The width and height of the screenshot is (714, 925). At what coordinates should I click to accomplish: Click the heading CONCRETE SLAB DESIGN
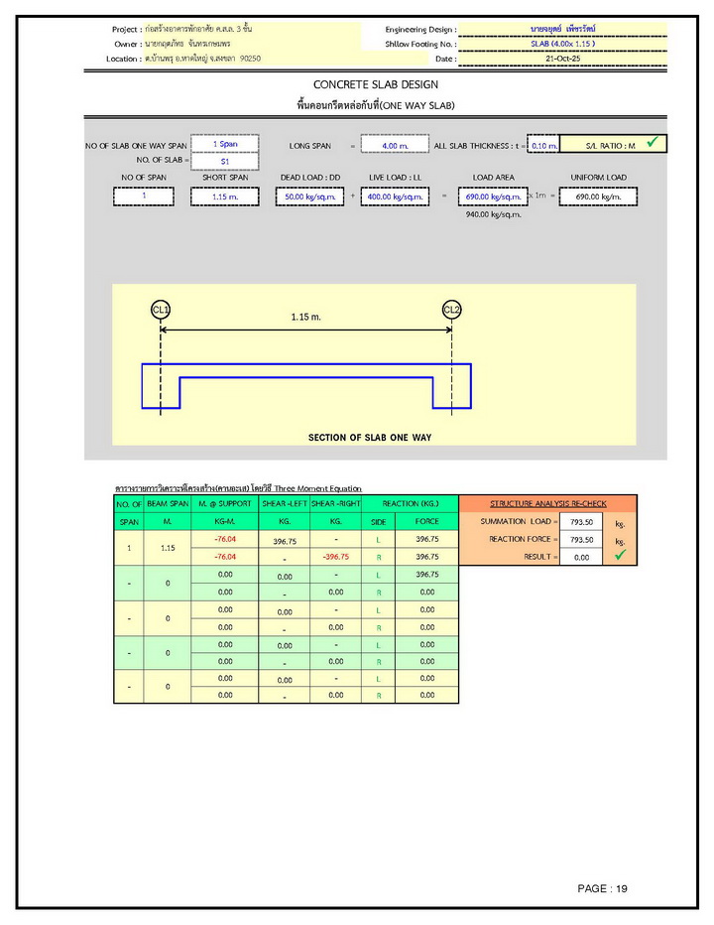pyautogui.click(x=375, y=84)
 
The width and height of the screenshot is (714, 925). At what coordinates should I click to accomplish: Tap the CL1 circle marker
pyautogui.click(x=161, y=310)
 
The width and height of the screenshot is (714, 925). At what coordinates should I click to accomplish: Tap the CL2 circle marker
pyautogui.click(x=452, y=310)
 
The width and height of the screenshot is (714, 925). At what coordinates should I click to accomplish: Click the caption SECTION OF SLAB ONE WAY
pyautogui.click(x=369, y=437)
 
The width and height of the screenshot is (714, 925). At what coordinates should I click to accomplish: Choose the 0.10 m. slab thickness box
pyautogui.click(x=544, y=146)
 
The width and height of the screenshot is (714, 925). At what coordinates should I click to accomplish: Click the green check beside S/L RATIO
pyautogui.click(x=652, y=144)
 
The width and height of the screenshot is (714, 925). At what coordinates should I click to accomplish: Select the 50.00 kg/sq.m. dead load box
pyautogui.click(x=309, y=197)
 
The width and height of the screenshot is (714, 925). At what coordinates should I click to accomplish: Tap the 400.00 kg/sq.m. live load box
pyautogui.click(x=395, y=197)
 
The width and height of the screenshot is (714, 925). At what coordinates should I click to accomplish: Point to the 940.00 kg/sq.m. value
pyautogui.click(x=493, y=213)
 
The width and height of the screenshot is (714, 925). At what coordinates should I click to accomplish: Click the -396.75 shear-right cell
pyautogui.click(x=335, y=558)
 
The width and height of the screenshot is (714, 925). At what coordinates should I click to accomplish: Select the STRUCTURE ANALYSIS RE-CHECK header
pyautogui.click(x=548, y=504)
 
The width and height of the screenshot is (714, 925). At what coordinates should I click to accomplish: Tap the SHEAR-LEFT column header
pyautogui.click(x=284, y=504)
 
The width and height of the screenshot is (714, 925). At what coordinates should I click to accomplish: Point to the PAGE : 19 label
pyautogui.click(x=603, y=888)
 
